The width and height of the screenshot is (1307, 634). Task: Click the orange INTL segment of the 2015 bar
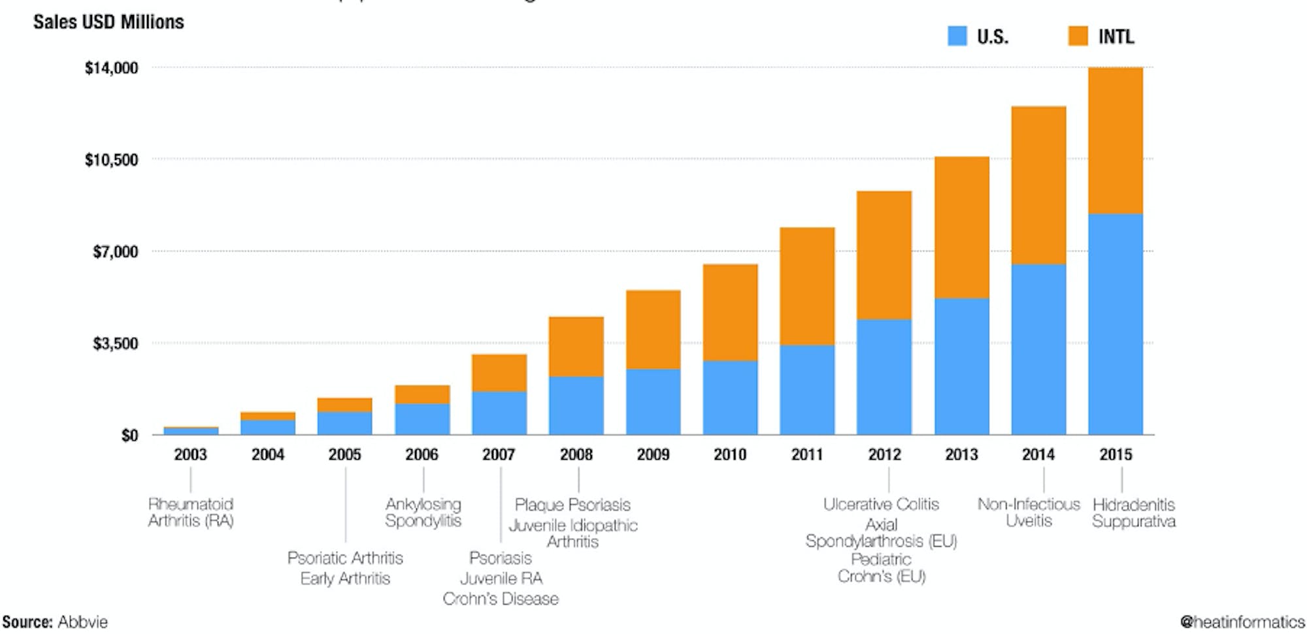point(1116,140)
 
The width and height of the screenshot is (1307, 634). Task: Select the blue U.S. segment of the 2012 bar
point(884,377)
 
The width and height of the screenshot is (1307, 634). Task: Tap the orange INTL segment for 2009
point(653,330)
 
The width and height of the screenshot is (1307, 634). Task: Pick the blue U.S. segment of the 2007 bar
point(499,413)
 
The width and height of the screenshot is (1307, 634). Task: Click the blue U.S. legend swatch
point(957,36)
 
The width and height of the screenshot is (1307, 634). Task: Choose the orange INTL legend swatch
point(1078,36)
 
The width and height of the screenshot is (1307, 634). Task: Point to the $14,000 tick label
point(112,68)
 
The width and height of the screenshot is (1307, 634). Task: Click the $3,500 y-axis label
point(116,343)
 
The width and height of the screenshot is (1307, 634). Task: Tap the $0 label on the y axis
point(129,436)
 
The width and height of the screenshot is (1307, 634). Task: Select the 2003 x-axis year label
point(190,454)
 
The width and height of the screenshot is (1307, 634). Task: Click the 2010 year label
point(730,454)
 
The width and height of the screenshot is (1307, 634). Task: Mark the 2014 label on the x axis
point(1038,454)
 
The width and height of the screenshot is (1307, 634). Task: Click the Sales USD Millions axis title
point(108,22)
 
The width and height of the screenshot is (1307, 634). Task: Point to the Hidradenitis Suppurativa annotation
point(1134,513)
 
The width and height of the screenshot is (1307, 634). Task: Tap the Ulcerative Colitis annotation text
point(881,504)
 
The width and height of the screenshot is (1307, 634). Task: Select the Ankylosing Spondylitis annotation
point(423,513)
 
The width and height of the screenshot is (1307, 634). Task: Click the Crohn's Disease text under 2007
point(501,599)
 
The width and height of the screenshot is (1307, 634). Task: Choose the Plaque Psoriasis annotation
point(572,505)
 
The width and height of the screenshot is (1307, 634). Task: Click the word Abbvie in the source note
point(82,622)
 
